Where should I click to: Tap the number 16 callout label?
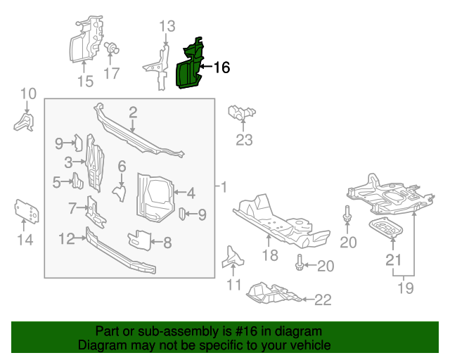coord(221,67)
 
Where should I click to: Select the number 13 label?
coord(167,27)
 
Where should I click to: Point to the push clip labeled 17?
coord(110,49)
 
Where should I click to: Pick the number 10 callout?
coord(27,94)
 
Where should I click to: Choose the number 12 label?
coord(66,239)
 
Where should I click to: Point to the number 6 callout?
coord(122,167)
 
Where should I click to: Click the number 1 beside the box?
coord(224,188)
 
